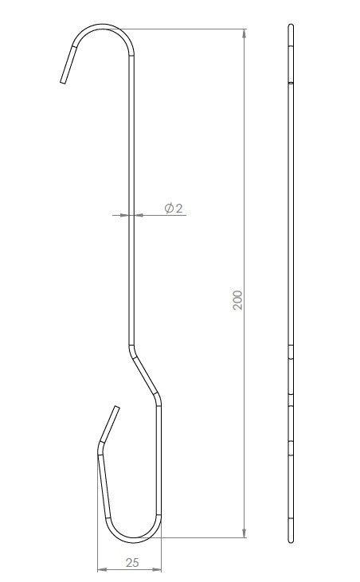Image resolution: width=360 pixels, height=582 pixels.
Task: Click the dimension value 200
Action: tap(238, 299)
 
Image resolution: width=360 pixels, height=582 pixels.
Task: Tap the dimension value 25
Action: tap(132, 562)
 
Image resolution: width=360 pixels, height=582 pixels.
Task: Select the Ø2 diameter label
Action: tap(174, 209)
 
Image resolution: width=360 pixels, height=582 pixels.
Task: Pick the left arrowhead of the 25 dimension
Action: tap(100, 569)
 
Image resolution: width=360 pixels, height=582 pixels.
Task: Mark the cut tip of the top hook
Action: tap(63, 80)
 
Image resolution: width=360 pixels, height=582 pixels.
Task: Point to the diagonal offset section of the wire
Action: tap(146, 375)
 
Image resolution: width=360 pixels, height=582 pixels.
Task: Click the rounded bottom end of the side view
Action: tap(292, 541)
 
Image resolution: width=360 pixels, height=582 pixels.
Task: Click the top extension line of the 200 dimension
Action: tap(187, 29)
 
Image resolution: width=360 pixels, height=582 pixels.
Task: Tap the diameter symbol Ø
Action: tap(169, 209)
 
